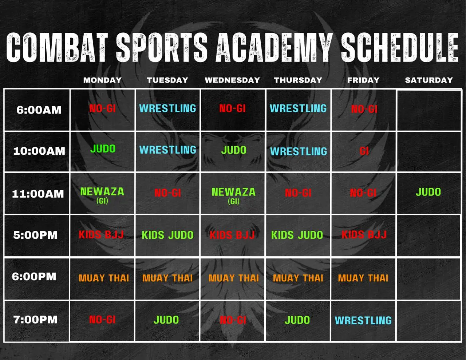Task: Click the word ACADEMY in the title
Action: tap(274, 47)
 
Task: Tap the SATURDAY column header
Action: tap(429, 80)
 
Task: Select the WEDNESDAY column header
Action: tap(232, 80)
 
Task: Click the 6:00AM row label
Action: tap(39, 110)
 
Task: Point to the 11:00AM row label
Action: tap(38, 194)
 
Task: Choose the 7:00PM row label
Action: tap(35, 320)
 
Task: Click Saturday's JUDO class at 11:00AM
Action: tap(428, 192)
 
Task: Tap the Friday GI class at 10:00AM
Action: tap(364, 151)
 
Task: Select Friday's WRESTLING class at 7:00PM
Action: tap(363, 320)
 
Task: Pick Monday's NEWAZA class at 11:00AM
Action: tap(102, 192)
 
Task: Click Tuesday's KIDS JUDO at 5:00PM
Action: tap(167, 235)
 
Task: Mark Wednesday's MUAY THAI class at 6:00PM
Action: tap(234, 278)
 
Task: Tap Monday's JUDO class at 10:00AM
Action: tap(103, 149)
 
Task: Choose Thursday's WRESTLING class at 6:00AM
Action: tap(298, 108)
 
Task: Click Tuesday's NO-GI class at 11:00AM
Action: tap(168, 193)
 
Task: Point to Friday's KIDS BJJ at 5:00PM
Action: tap(364, 235)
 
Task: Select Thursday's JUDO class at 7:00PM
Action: tap(297, 320)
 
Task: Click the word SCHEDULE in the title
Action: tap(399, 47)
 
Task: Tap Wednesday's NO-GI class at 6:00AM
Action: tap(233, 108)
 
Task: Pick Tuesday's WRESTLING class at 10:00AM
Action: tap(168, 150)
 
